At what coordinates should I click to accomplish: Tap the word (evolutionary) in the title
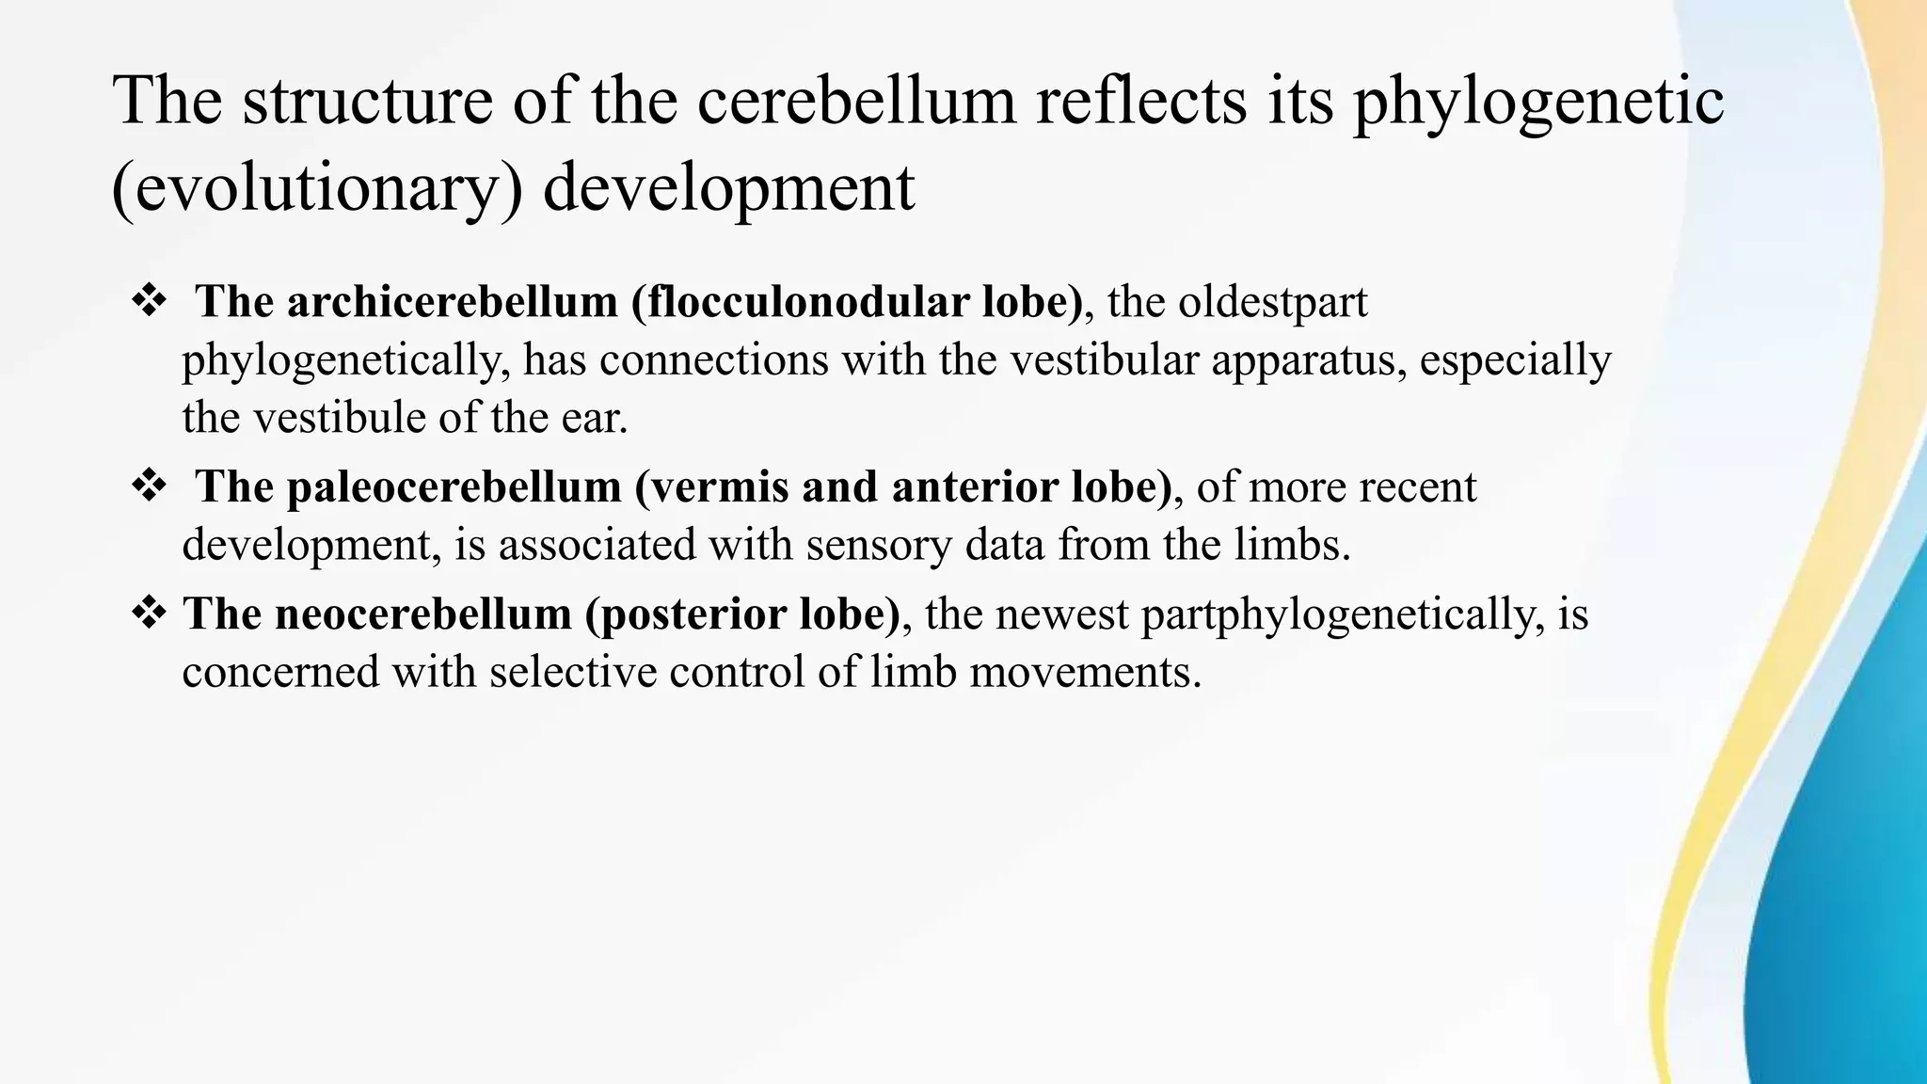[x=317, y=188]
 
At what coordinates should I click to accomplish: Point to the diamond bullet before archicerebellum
[x=149, y=302]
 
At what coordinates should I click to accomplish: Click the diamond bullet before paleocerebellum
[x=149, y=486]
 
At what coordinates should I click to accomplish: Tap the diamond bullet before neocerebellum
[x=149, y=614]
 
